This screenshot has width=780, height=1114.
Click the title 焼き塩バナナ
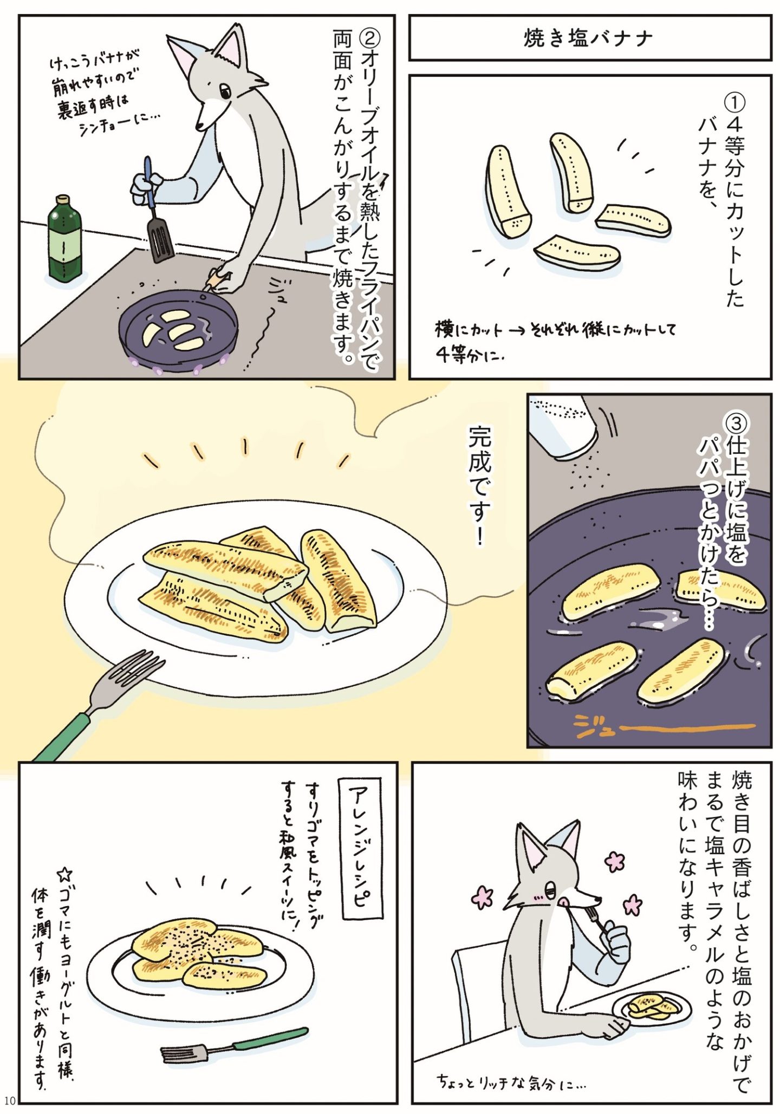tap(589, 38)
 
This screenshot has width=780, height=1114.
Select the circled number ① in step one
tap(735, 102)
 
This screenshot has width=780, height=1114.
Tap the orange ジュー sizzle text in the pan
tap(664, 725)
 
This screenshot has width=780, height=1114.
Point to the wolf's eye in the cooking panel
tap(225, 91)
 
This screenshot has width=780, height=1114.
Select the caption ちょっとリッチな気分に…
tap(511, 1083)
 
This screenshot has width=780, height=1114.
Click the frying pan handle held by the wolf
tap(214, 281)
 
